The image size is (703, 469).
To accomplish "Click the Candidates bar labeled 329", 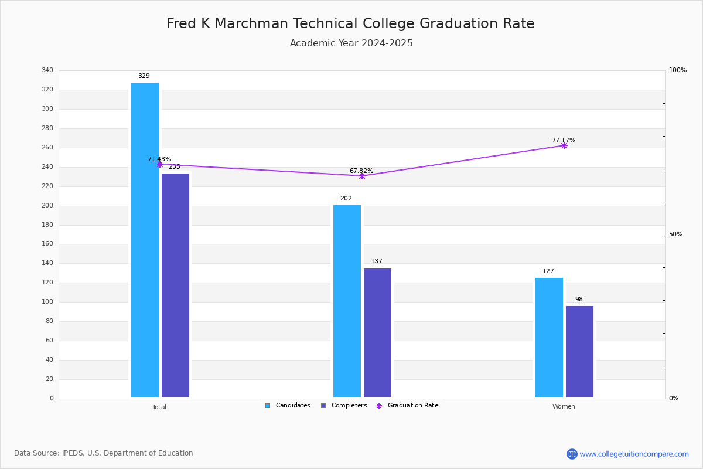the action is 145,240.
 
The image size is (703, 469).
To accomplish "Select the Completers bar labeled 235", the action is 175,286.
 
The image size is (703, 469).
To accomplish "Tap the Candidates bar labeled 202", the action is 347,301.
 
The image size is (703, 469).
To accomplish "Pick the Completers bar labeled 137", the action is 377,332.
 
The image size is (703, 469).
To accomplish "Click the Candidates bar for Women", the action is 550,338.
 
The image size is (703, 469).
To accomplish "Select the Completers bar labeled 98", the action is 579,352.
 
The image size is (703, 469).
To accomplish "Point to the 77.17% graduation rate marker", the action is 564,146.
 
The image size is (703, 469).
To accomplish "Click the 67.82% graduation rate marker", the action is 362,176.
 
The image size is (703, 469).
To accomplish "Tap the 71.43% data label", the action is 159,159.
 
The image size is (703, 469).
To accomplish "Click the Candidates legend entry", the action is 288,406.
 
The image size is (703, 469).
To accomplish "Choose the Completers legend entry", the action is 344,406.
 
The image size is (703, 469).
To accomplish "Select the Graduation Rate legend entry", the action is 407,406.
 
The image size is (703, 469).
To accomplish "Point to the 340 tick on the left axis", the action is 47,70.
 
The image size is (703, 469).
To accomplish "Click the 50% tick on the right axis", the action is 675,234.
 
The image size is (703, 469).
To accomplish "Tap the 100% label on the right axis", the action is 678,70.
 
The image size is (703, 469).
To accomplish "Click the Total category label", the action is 159,407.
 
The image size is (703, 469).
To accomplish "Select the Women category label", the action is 564,406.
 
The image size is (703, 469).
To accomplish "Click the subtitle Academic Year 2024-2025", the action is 351,43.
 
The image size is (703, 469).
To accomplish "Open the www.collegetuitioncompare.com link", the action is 634,454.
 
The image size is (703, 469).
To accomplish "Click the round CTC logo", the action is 572,454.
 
